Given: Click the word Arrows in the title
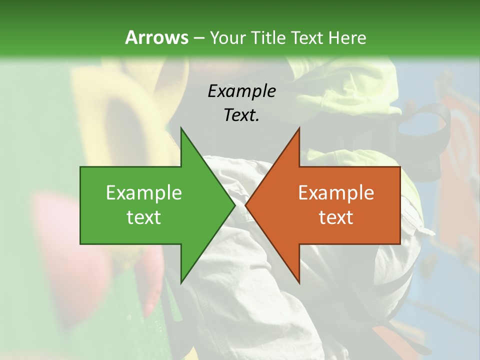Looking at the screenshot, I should tap(156, 37).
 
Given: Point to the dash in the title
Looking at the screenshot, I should tap(198, 38).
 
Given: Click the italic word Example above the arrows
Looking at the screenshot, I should tap(241, 91).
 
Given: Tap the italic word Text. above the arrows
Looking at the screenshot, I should tap(241, 115).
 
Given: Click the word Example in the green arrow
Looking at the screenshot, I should tap(144, 193).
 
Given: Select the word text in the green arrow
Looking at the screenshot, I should tap(144, 217).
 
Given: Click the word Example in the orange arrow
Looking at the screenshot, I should tap(336, 193).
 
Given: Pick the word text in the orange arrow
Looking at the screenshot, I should tap(336, 217).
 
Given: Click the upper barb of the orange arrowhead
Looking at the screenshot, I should tap(298, 132).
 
